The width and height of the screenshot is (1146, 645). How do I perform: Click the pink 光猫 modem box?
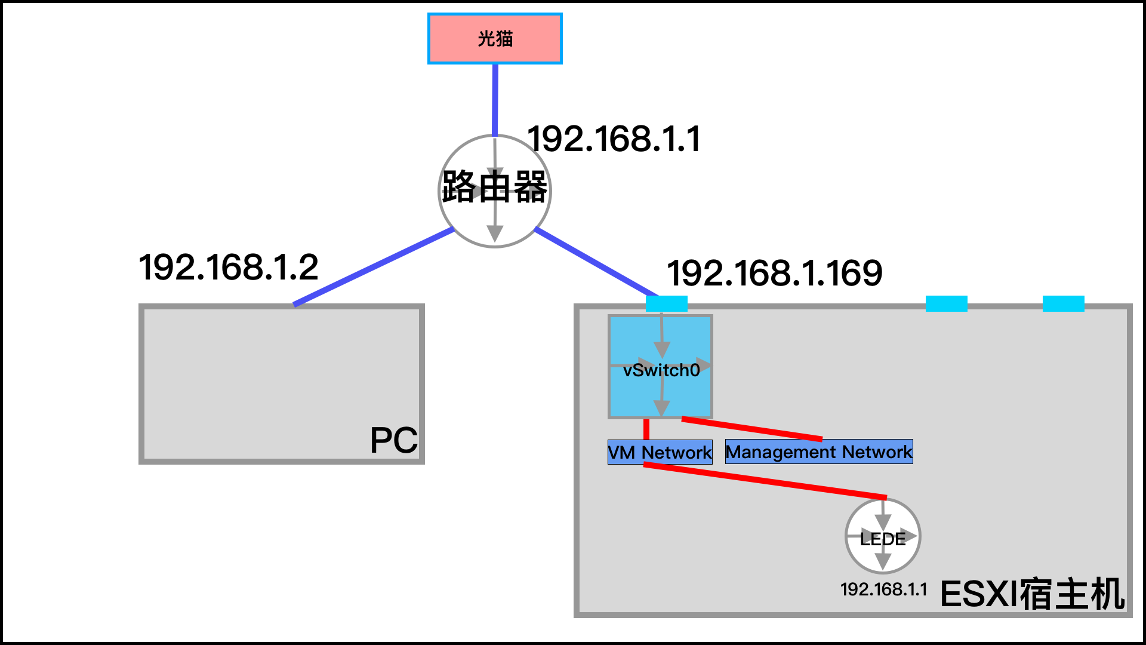tap(495, 39)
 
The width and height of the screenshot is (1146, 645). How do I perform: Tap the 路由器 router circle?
tap(495, 191)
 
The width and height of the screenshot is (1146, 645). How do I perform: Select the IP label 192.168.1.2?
tap(229, 267)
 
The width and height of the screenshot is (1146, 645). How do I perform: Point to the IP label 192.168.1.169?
tap(774, 273)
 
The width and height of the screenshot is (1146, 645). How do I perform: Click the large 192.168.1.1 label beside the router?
tap(614, 139)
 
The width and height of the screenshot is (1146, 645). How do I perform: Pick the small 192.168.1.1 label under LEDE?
tap(883, 589)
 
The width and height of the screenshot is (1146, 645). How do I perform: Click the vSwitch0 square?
tap(661, 367)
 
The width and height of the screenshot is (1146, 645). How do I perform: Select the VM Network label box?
tap(660, 452)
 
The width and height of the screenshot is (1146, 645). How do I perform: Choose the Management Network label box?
tap(819, 451)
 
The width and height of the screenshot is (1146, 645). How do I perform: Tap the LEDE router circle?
tap(883, 536)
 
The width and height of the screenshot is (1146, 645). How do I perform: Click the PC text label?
tap(393, 441)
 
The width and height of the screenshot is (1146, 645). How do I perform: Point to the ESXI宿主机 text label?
tap(1033, 594)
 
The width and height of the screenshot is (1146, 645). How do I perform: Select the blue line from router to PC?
tap(373, 267)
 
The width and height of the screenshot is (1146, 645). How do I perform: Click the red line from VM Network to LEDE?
tap(764, 481)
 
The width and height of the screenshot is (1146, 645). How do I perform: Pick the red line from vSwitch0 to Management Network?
tap(752, 429)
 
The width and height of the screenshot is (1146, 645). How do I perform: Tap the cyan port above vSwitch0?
tap(666, 303)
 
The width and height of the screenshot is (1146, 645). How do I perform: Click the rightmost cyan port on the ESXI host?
tap(1063, 303)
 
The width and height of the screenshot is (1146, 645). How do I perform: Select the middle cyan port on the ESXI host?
tap(946, 303)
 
